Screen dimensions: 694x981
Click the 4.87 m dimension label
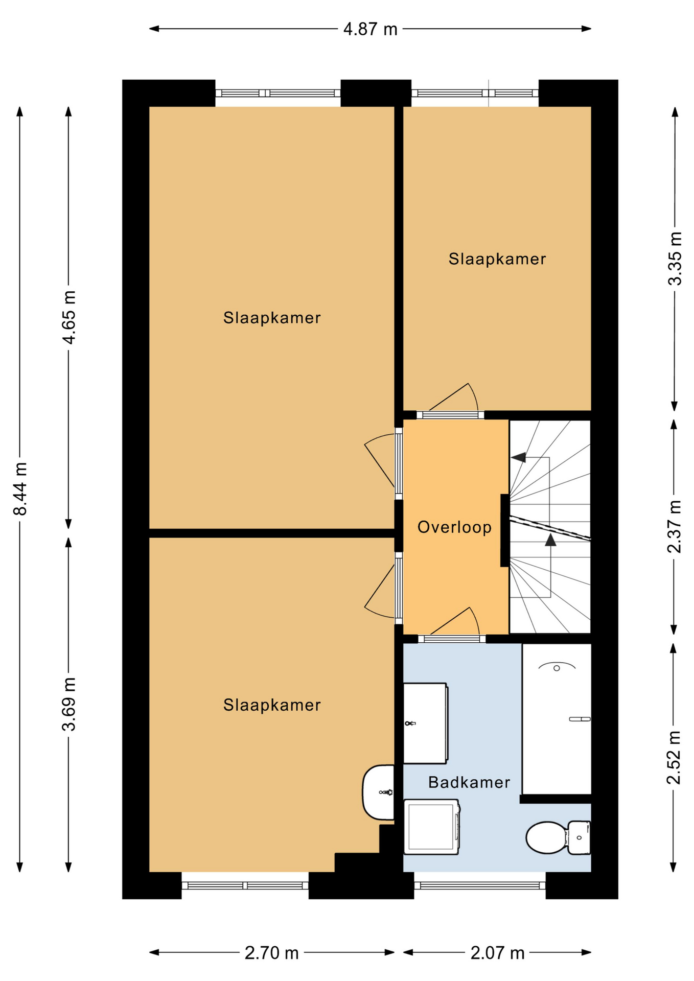tap(370, 29)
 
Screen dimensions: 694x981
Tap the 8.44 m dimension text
tap(20, 488)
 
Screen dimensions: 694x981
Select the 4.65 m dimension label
tap(68, 317)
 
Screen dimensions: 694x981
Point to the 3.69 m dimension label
tap(68, 704)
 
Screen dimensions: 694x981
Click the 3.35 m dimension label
tap(675, 259)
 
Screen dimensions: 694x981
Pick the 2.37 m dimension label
tap(675, 526)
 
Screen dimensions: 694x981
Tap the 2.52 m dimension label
tap(674, 757)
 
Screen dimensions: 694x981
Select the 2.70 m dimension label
tap(271, 953)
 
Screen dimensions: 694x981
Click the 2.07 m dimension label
tap(497, 953)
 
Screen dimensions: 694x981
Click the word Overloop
tap(454, 527)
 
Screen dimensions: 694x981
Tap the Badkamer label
tap(469, 782)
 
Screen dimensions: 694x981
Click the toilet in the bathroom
tap(558, 837)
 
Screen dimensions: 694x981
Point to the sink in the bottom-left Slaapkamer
tap(379, 792)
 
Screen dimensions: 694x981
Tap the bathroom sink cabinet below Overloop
tap(426, 723)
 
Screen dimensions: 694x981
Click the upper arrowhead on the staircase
tap(519, 457)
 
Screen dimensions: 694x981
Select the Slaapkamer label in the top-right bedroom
tap(497, 259)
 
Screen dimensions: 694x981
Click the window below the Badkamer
tap(480, 885)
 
